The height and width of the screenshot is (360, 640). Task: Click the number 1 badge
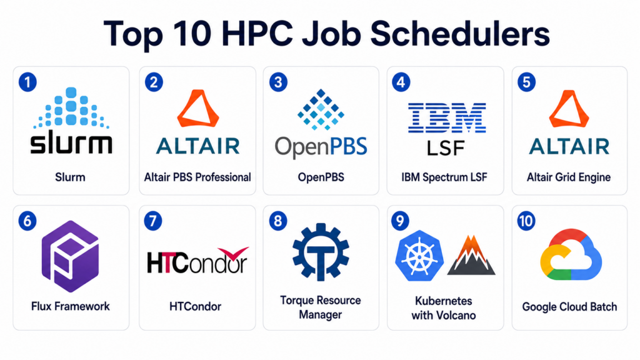point(27,82)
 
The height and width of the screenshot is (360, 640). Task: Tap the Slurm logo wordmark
point(71,144)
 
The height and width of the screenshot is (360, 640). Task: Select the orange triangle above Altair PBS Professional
point(198,108)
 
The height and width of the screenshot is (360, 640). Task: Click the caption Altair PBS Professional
point(197,177)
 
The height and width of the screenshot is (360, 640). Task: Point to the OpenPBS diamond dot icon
point(321,109)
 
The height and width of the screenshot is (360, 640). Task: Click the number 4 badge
point(401,82)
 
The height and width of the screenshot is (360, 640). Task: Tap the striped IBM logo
point(447,117)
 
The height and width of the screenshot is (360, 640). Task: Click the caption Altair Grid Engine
point(569,177)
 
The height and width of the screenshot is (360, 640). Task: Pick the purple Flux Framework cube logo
point(71,256)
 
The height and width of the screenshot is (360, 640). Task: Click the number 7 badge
point(153,221)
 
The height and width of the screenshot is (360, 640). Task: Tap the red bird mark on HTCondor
point(234,253)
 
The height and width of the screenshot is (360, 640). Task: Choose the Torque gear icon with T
point(321,252)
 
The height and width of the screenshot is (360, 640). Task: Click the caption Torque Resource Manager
point(321,307)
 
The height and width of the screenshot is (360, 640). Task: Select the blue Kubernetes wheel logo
point(419,256)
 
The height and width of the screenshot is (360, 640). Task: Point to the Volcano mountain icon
point(471,255)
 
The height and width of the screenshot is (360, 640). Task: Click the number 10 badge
point(526,221)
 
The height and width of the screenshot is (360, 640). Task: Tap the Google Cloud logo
point(571,254)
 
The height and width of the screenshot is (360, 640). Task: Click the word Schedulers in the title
point(460,34)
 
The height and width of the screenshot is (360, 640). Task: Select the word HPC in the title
point(257,34)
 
